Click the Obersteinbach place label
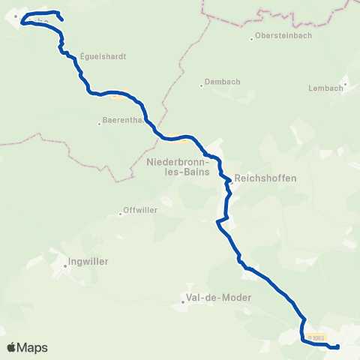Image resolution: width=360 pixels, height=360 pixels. [284, 35]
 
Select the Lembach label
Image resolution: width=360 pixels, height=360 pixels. [325, 88]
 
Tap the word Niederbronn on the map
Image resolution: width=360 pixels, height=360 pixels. [184, 160]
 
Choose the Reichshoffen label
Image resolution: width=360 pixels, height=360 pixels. [265, 178]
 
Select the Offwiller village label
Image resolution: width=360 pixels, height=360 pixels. [140, 210]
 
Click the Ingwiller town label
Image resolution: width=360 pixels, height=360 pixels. [88, 262]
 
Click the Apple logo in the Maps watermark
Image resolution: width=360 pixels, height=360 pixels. [12, 347]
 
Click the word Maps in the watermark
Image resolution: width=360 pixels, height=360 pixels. [33, 347]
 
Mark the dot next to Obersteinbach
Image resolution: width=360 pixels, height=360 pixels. [252, 36]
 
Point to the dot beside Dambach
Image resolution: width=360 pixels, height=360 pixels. [202, 85]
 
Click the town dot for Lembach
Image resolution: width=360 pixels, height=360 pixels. [345, 84]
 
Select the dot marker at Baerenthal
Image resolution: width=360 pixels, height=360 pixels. [100, 124]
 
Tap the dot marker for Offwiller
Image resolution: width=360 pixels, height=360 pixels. [120, 214]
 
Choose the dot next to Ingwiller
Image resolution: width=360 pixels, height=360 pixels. [64, 262]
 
